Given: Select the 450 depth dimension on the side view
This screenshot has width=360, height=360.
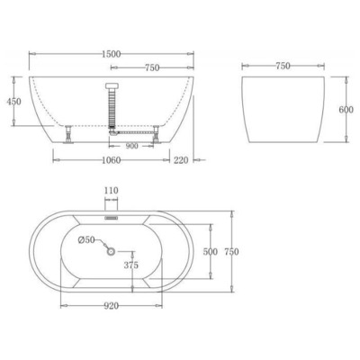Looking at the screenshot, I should pyautogui.click(x=13, y=101).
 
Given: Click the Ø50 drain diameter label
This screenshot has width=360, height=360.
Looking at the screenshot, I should pyautogui.click(x=85, y=239).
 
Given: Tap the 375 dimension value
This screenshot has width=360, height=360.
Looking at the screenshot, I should pyautogui.click(x=131, y=265).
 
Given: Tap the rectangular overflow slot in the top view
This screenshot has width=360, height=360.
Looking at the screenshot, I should pyautogui.click(x=112, y=216).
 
